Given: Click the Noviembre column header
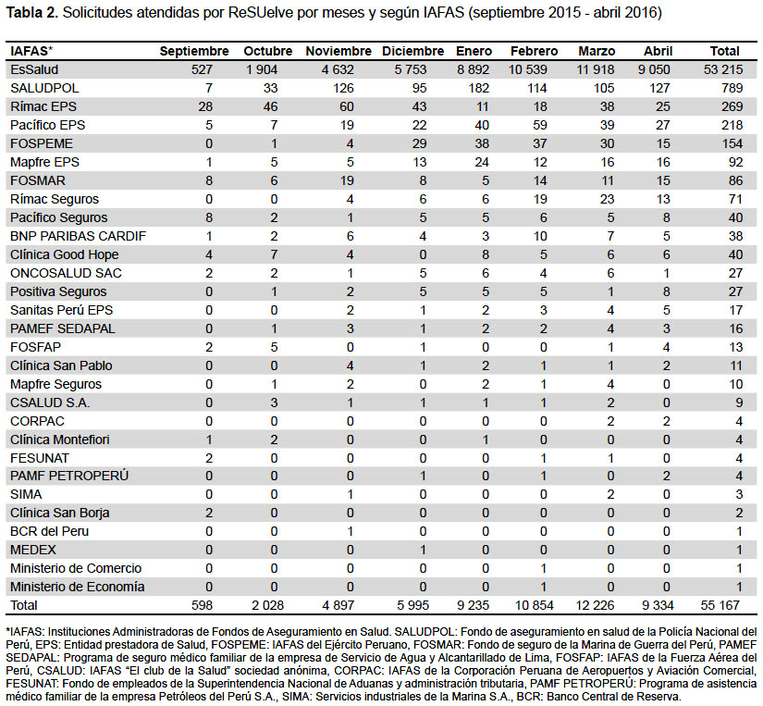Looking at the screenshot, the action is [338, 51].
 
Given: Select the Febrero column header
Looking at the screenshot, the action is [534, 51].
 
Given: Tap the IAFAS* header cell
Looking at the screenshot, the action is [31, 51].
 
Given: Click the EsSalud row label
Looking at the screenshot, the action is [34, 69].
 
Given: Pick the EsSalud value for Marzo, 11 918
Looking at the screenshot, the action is [595, 69].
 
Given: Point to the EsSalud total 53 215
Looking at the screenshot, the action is [723, 69].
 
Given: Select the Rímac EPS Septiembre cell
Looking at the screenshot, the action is [205, 106].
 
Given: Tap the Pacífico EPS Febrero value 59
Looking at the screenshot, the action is [539, 125].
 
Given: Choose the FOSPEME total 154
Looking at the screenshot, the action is [732, 143].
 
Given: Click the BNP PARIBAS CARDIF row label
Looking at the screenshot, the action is [78, 236].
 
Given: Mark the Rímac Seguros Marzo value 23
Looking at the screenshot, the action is [607, 199].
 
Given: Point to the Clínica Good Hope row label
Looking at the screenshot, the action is [64, 254].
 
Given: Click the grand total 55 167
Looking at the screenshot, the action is [720, 605].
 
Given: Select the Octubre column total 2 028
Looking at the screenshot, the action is [267, 605].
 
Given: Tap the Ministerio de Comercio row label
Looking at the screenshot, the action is [76, 568].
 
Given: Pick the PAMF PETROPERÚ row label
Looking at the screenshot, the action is [69, 476].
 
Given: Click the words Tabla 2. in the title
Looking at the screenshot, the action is [32, 13].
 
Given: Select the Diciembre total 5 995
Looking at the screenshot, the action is [413, 605].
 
